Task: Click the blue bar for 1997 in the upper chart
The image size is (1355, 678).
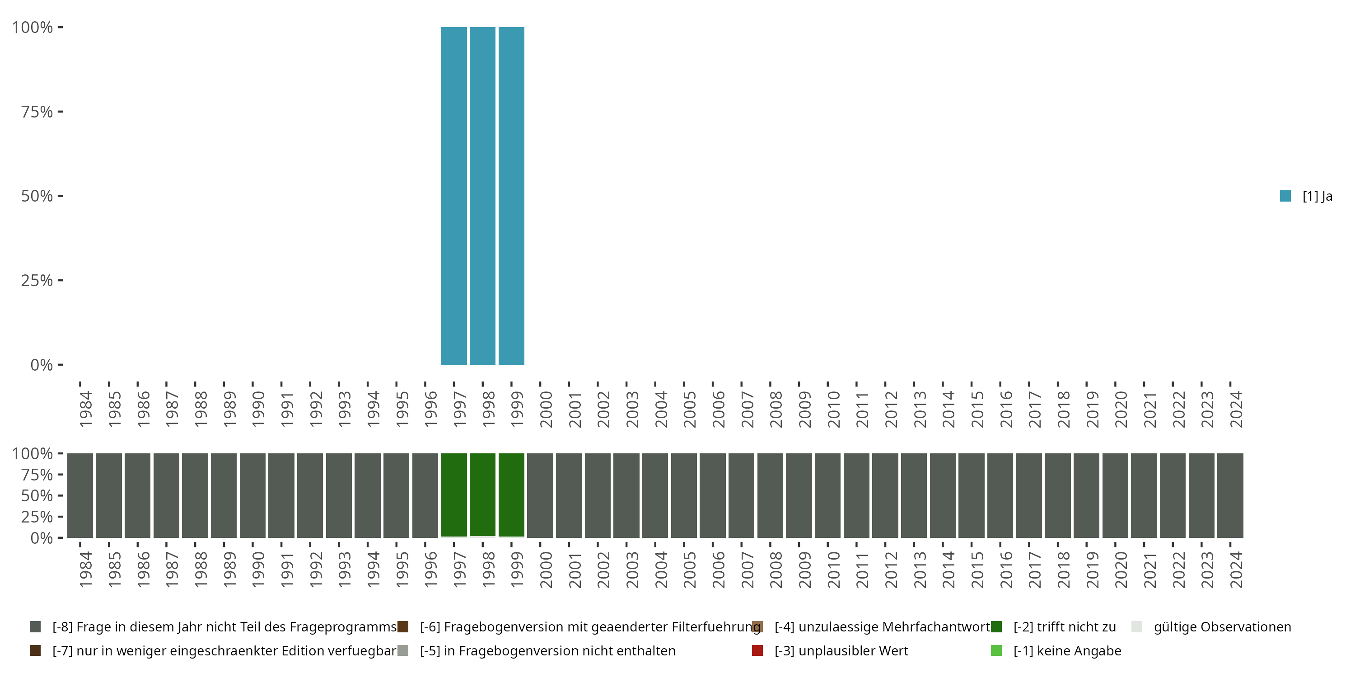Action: (x=453, y=195)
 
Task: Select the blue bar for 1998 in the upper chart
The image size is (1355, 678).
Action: (x=482, y=195)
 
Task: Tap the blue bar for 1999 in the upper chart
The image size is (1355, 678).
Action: (x=511, y=195)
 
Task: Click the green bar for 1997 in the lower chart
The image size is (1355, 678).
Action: (x=453, y=495)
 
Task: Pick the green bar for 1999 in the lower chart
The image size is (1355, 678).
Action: (x=511, y=495)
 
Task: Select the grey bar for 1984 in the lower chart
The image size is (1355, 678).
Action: (x=80, y=495)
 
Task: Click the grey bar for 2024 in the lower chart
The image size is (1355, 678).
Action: (x=1230, y=495)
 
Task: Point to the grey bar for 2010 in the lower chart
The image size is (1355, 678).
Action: (x=827, y=495)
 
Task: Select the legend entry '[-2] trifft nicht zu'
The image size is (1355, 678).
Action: (x=1064, y=627)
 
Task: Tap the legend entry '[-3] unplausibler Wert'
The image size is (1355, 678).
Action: (x=841, y=650)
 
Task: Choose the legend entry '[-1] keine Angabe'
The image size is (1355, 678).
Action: (x=1067, y=650)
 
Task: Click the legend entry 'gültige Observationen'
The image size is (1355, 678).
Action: (x=1221, y=627)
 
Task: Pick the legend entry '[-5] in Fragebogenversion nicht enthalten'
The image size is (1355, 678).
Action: (x=547, y=650)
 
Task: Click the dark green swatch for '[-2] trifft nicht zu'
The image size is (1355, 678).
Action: (x=996, y=627)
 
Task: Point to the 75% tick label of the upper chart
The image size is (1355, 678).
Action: (x=37, y=112)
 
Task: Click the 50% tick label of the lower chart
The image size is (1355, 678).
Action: (x=37, y=495)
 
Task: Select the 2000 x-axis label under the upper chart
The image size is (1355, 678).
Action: (x=546, y=409)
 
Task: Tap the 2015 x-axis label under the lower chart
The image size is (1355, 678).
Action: (x=977, y=570)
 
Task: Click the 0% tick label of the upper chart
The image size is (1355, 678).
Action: (x=42, y=365)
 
